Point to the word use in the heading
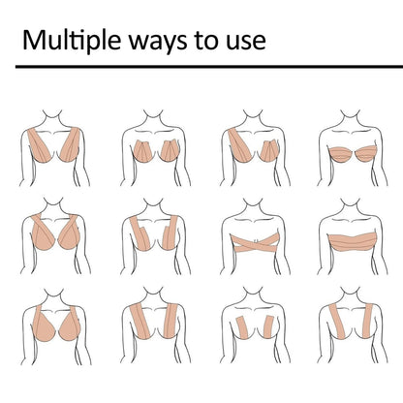245,43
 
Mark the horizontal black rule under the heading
201,70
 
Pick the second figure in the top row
152,145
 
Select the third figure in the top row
252,145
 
